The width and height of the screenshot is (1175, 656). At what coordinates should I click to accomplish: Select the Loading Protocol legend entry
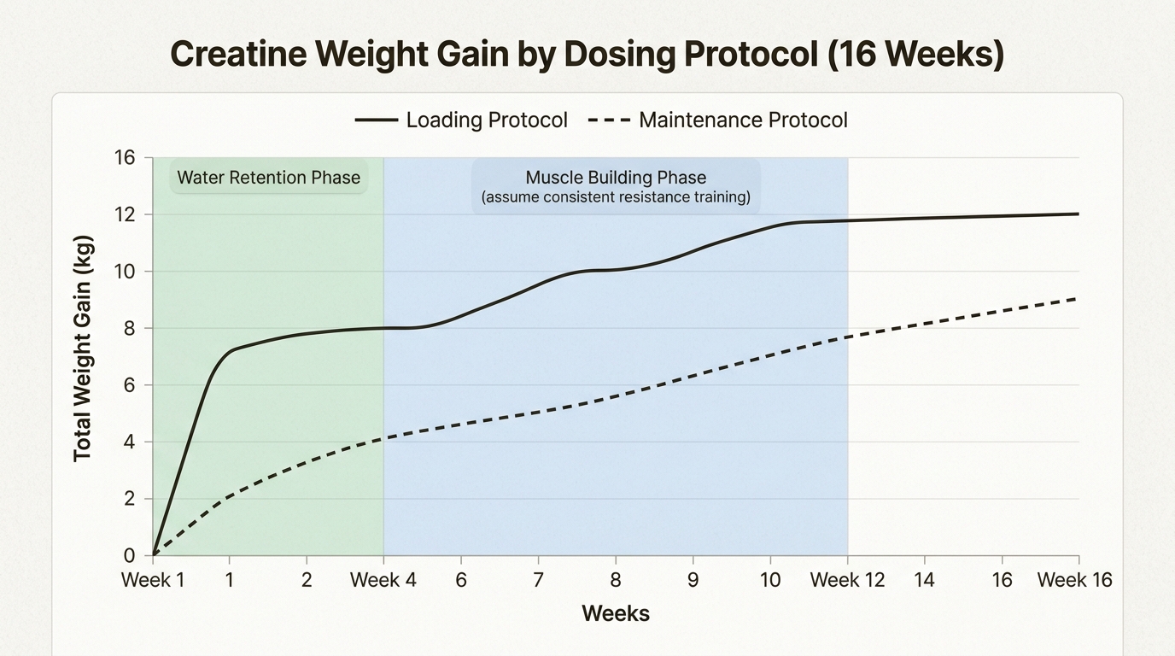[461, 120]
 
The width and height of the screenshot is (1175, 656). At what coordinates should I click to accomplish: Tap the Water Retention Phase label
[268, 178]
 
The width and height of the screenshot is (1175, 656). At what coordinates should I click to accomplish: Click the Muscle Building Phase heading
[616, 178]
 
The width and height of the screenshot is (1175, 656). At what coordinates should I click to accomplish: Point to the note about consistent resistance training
[616, 197]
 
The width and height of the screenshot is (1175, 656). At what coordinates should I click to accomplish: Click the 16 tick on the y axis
[124, 158]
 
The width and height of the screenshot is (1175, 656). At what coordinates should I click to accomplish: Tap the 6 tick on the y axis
[129, 385]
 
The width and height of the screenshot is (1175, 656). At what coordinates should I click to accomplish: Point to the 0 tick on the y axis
[129, 556]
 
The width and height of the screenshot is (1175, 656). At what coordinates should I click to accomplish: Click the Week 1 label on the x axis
[153, 581]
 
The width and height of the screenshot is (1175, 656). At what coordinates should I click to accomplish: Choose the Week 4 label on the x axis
[383, 581]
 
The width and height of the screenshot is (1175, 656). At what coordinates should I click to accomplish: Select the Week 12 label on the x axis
[847, 581]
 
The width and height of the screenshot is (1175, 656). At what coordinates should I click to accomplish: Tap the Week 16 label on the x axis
[1074, 581]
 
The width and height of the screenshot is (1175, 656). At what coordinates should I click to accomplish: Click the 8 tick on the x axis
[615, 581]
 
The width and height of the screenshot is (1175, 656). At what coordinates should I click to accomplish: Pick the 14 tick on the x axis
[924, 581]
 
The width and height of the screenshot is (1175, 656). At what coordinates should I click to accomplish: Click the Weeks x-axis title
[616, 613]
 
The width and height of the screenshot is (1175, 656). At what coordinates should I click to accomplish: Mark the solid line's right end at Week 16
[1078, 214]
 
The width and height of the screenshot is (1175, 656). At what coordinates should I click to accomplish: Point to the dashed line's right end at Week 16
[1078, 298]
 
